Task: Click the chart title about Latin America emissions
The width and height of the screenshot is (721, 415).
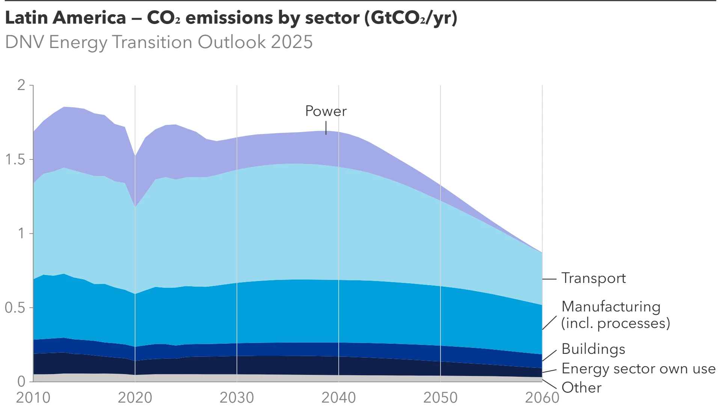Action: tap(231, 18)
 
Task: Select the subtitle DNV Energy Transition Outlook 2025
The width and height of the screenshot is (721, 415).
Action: tap(159, 42)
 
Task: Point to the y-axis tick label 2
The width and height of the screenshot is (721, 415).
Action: tap(21, 85)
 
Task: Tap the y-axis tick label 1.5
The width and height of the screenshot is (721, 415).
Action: tap(15, 159)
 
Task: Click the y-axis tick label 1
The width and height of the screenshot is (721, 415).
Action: tap(21, 233)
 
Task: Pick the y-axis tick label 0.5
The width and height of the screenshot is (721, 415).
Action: tap(15, 308)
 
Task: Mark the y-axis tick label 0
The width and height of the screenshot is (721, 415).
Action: tap(21, 381)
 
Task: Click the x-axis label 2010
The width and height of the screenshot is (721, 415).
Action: tap(33, 398)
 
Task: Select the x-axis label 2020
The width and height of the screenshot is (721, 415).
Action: tap(135, 398)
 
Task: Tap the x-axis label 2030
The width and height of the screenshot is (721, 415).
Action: tap(237, 398)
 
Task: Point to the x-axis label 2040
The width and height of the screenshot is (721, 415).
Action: tap(338, 398)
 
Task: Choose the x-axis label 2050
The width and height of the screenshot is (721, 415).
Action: tap(440, 398)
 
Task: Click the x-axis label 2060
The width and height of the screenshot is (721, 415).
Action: tap(542, 398)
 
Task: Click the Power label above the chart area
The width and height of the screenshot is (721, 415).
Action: tap(326, 111)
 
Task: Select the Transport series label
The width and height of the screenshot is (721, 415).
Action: tap(593, 278)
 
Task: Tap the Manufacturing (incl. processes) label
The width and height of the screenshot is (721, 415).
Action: tap(615, 315)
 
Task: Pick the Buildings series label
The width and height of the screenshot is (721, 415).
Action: tap(593, 349)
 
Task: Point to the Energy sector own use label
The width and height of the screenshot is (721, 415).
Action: tap(638, 368)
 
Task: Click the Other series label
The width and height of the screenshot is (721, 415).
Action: tap(581, 388)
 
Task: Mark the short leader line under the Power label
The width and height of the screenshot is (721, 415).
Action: tap(326, 128)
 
